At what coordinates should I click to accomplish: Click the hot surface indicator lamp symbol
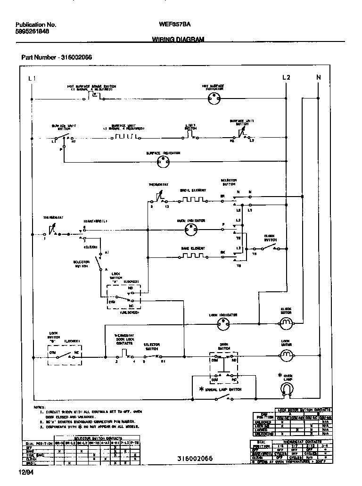(214, 99)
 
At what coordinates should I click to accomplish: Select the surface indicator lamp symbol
(163, 162)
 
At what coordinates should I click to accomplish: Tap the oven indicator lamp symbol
(190, 230)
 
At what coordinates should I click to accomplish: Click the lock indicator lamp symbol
(222, 323)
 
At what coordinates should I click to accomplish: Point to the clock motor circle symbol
(286, 323)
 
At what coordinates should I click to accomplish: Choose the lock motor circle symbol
(286, 354)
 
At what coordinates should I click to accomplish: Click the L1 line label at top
(31, 78)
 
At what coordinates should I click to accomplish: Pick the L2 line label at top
(286, 77)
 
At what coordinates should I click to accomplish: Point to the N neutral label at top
(318, 77)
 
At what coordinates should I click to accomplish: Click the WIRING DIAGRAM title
(178, 40)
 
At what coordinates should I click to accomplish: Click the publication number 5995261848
(32, 32)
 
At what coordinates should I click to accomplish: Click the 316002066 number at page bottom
(195, 459)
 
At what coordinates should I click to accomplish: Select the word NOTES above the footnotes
(39, 407)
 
